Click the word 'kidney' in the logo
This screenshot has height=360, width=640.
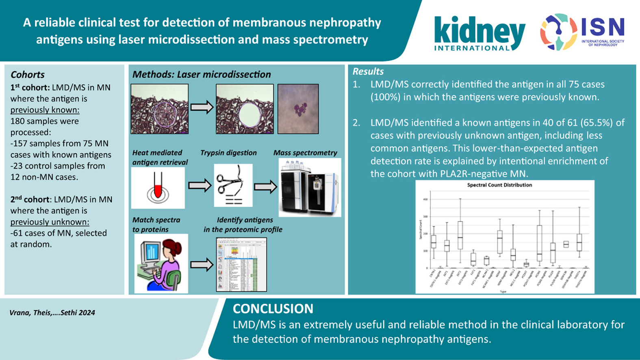pos(479,31)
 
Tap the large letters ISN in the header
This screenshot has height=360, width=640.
pos(603,28)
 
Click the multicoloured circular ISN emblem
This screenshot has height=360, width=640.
pos(558,32)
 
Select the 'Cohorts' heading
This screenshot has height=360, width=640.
pos(28,74)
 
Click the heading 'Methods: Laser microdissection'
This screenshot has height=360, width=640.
pos(202,74)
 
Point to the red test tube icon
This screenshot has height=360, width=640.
pos(158,189)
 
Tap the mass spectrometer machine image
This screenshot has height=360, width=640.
pos(310,187)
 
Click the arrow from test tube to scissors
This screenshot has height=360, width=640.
pos(200,186)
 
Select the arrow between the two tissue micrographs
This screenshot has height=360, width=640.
pos(202,108)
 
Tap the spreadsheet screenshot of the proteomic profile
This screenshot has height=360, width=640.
pos(241,265)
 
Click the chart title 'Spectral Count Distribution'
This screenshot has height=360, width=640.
pos(499,185)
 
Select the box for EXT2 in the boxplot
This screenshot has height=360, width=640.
pos(460,235)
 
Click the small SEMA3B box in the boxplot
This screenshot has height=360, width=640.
pos(566,244)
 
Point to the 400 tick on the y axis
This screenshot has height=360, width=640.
pos(425,200)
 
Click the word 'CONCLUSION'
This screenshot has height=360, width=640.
pos(273,309)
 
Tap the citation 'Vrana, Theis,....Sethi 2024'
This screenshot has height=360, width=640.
pos(52,312)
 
